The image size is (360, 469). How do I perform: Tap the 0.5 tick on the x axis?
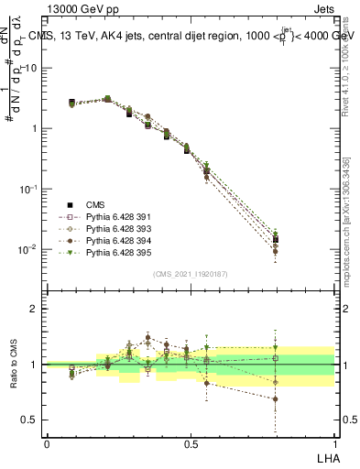tap(190, 442)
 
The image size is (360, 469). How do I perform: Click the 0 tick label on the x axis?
tap(47, 442)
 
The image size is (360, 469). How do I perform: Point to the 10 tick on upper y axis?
tap(30, 68)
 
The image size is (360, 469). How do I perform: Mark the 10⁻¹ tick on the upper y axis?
tap(27, 189)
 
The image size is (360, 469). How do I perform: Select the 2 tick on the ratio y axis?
tap(34, 309)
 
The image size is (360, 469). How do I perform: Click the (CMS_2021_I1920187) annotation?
tap(190, 273)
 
